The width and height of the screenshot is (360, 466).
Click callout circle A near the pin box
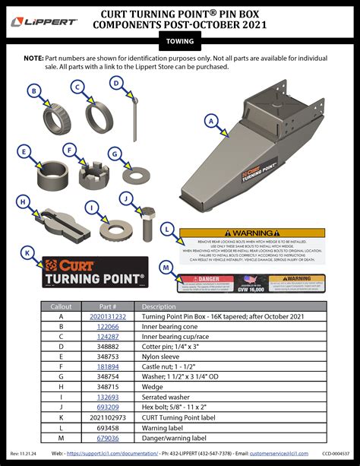210,119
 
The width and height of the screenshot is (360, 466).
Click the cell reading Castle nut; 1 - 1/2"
175,366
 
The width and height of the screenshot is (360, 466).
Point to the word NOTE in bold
33,58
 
